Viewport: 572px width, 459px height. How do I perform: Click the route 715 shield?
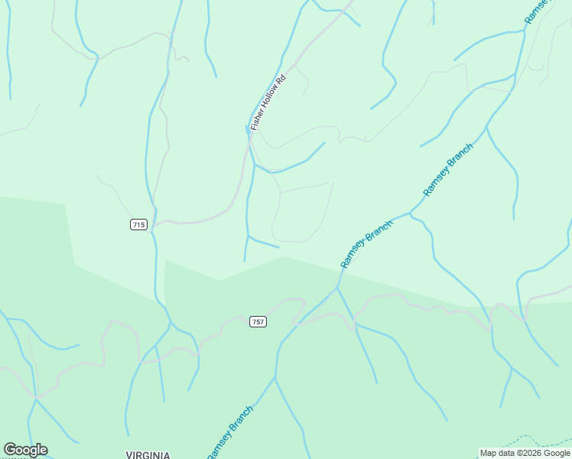(x=138, y=224)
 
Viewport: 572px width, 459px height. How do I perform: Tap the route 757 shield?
(x=258, y=322)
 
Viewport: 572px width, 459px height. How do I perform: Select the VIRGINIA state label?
(x=148, y=454)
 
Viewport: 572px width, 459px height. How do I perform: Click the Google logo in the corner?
(x=25, y=450)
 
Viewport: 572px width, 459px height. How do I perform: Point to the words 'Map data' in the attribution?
(x=497, y=453)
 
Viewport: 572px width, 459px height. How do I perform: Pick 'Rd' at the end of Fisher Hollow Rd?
(x=281, y=78)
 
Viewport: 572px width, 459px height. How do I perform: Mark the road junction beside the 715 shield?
(x=155, y=224)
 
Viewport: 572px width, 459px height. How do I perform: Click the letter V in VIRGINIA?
(x=128, y=454)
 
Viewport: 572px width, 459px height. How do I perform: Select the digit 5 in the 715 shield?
(x=143, y=224)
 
